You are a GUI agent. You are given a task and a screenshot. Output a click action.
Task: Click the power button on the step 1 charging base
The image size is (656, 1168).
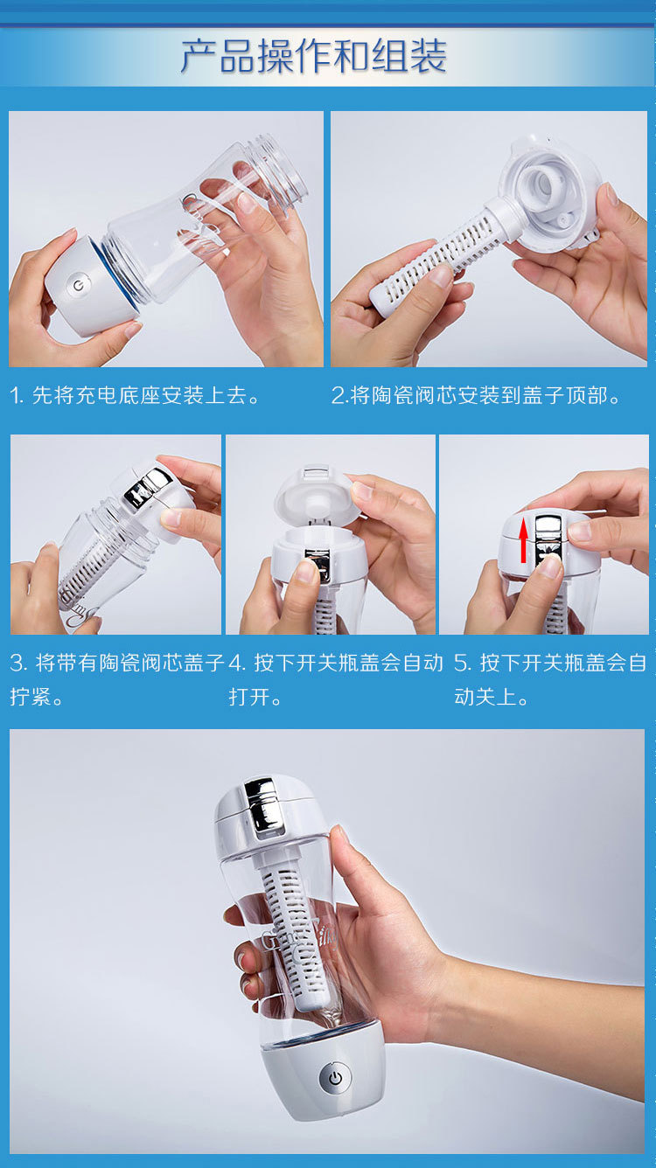(79, 285)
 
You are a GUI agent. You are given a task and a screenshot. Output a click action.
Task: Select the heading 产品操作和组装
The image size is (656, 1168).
(314, 56)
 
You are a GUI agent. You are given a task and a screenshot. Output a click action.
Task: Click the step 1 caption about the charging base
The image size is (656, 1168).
(136, 395)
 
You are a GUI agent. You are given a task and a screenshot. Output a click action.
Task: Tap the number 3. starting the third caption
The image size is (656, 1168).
(18, 664)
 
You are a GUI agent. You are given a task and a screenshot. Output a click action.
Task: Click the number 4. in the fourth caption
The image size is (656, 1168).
(237, 664)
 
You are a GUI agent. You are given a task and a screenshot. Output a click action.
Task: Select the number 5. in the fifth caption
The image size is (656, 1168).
(463, 664)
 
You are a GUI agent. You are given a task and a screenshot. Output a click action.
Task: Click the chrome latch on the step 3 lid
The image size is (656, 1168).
(147, 487)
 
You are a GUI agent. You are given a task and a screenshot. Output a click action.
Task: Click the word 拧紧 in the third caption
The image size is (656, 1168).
(31, 697)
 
